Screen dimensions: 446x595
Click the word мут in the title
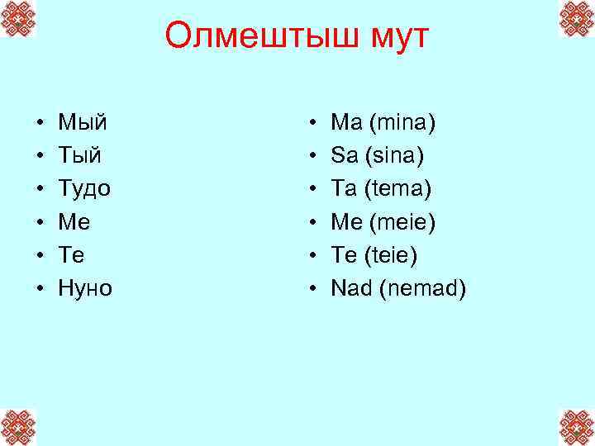(x=396, y=36)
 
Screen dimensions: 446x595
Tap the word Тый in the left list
(x=80, y=156)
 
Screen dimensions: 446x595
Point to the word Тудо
(x=84, y=189)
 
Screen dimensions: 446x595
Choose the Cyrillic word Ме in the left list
(x=74, y=222)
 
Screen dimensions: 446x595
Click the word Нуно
(x=85, y=288)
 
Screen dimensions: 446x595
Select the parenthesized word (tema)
(x=399, y=189)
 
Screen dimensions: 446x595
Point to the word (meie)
(x=404, y=222)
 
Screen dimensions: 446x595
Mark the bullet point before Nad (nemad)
(x=312, y=289)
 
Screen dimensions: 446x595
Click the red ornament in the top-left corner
(x=18, y=19)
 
